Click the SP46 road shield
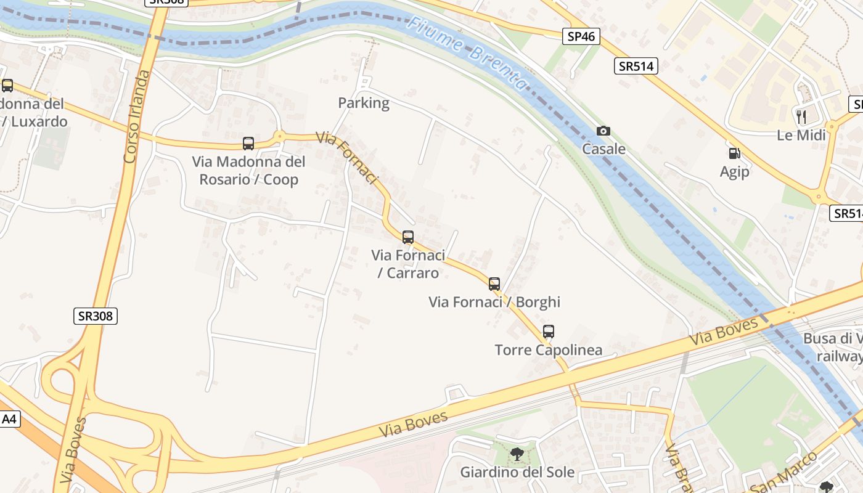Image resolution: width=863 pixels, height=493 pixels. coord(581,36)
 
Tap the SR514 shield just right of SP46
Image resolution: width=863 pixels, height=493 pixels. coord(636,66)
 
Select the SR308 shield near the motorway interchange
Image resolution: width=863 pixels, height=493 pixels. coord(96,316)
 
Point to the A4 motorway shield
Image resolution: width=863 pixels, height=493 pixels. coord(9,420)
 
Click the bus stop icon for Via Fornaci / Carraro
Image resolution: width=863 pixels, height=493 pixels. coord(407,237)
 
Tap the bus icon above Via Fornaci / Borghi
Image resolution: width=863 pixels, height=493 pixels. coord(494,283)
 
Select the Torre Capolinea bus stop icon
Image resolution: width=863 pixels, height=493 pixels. coord(548,332)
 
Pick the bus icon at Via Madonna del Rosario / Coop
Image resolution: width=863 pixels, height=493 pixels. coord(248,144)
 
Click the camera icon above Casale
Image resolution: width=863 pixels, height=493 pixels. coord(603,131)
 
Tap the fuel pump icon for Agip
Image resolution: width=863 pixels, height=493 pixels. coord(734,153)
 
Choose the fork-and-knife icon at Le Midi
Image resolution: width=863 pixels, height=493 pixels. coord(801,116)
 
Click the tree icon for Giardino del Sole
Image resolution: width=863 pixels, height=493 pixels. coord(517,455)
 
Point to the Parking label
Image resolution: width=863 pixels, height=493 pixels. coord(364,103)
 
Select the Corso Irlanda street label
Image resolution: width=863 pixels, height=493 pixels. coord(137,117)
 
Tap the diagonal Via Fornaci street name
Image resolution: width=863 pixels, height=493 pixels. coord(346,157)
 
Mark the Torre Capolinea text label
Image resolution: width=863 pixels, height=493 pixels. coord(548,350)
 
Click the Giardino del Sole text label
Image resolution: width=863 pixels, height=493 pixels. coord(517,473)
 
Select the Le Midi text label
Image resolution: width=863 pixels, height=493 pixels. coord(801,135)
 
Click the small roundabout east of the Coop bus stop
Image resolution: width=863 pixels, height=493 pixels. coord(279,136)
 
